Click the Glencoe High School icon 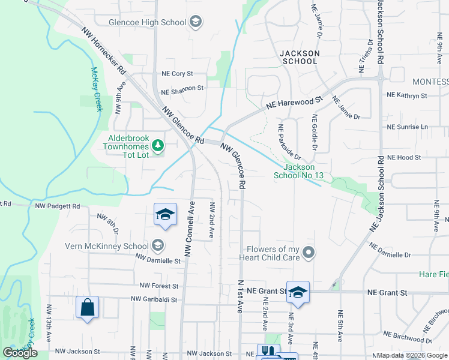tap(195, 23)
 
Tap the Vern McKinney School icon tap(157, 245)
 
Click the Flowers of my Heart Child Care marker tap(309, 252)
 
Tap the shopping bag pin tap(88, 308)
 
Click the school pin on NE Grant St tap(298, 292)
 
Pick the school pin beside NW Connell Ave tap(166, 214)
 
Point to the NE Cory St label tap(177, 74)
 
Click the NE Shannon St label tap(182, 88)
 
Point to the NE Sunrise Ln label tap(408, 127)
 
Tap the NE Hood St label tap(405, 157)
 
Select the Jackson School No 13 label tap(299, 171)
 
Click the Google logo tap(20, 353)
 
